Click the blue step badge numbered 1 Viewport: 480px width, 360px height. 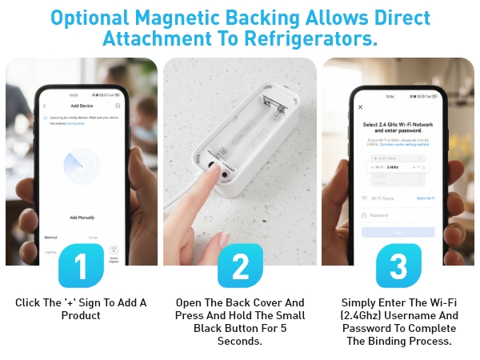81,266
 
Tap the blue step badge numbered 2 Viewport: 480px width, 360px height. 240,266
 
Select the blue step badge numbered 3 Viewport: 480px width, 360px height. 398,266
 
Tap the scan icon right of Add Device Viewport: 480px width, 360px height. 118,106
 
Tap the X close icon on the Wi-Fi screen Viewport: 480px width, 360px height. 361,106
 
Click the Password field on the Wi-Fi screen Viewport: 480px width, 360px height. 398,215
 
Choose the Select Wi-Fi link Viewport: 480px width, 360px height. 426,198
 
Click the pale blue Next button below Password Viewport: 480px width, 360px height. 398,232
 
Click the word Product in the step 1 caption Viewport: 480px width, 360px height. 81,315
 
